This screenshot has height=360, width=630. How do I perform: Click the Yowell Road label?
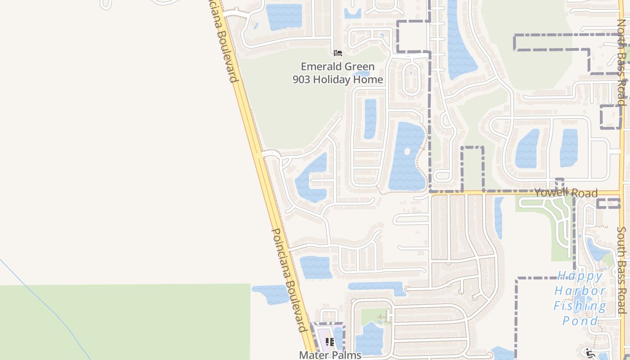click(x=566, y=193)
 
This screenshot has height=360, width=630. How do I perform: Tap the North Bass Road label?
click(x=622, y=63)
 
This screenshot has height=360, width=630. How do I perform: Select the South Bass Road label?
click(x=622, y=270)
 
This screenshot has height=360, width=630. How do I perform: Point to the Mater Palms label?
click(x=330, y=355)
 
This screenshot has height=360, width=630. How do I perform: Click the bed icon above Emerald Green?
click(x=338, y=53)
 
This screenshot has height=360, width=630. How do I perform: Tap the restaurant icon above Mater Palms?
click(x=330, y=342)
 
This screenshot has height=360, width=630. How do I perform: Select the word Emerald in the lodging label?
click(x=318, y=67)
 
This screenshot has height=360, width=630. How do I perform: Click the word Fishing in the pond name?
click(x=580, y=306)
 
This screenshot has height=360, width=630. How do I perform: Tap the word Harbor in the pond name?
click(x=580, y=291)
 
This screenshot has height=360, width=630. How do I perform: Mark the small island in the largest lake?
click(x=407, y=151)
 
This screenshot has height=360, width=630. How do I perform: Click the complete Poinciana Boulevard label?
click(x=289, y=280)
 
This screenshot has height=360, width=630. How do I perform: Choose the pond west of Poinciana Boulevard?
click(x=270, y=294)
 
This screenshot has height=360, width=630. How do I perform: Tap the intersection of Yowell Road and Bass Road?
click(x=622, y=193)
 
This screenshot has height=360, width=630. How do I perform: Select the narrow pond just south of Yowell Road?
click(x=499, y=218)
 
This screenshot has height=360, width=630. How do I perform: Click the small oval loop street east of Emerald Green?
click(x=410, y=79)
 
